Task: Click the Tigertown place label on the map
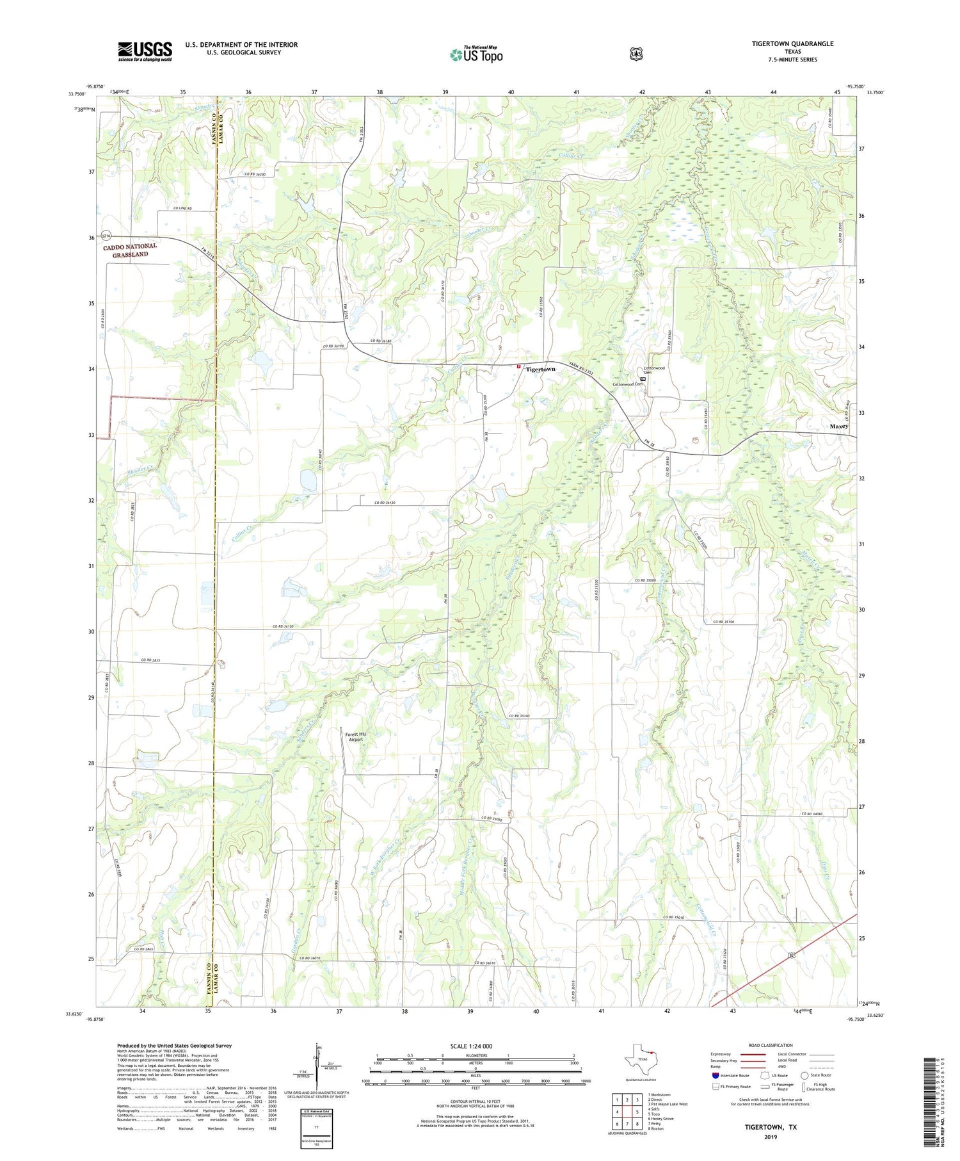click(540, 369)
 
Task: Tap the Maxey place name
click(838, 426)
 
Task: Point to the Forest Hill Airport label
click(356, 736)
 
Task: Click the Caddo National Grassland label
click(131, 250)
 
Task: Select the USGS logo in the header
click(145, 51)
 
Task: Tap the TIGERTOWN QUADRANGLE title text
click(792, 44)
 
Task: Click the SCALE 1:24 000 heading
click(475, 1046)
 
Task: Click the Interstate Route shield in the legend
click(716, 1075)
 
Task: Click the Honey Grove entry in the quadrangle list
click(660, 1118)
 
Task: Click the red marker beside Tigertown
click(519, 368)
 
